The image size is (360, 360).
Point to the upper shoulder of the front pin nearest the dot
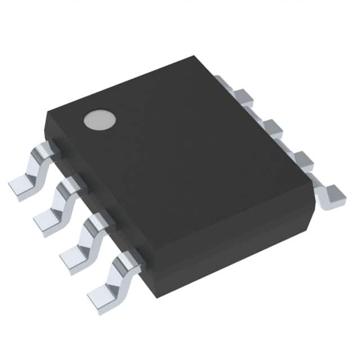pos(45,150)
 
